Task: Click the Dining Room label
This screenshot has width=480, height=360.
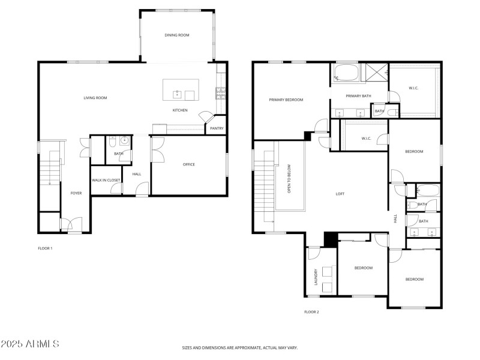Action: click(x=177, y=35)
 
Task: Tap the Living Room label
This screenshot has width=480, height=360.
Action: click(x=95, y=98)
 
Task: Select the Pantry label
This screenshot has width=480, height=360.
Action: click(x=217, y=128)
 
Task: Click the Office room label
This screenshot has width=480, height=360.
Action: click(x=188, y=164)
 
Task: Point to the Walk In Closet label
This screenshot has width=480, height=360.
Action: click(x=106, y=180)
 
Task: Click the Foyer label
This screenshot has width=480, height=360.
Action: click(x=76, y=193)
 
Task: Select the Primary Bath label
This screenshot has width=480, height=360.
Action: click(x=359, y=96)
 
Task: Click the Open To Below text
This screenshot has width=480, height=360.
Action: click(x=290, y=178)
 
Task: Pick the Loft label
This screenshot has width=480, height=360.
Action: click(x=340, y=194)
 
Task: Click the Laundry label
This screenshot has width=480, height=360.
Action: click(x=316, y=277)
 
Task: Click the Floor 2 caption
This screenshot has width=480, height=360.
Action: click(x=311, y=312)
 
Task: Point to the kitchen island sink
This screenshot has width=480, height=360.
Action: click(x=178, y=94)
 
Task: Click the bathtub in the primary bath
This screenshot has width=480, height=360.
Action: click(x=346, y=75)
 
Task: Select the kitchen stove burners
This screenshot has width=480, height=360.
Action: click(x=220, y=92)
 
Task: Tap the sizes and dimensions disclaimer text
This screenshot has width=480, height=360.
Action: click(x=240, y=347)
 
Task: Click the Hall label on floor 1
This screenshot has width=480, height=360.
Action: click(x=137, y=175)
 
